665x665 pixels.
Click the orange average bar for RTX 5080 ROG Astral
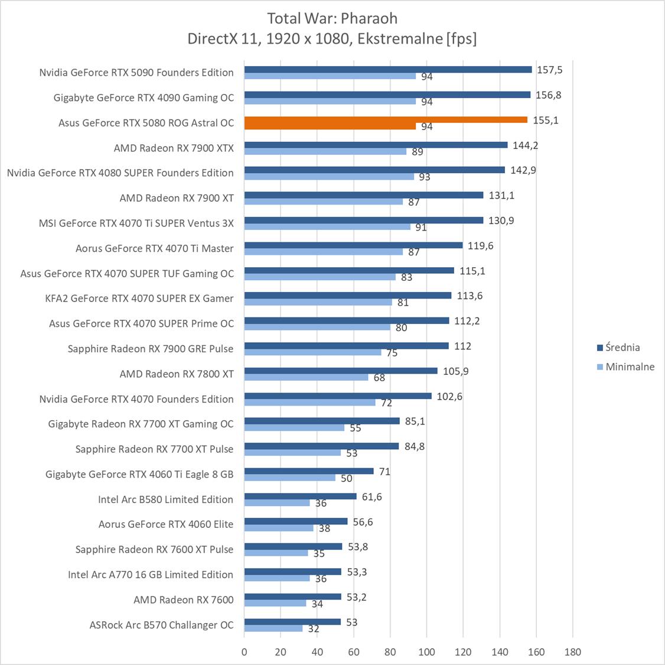pyautogui.click(x=386, y=119)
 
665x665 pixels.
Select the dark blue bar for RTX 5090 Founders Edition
pyautogui.click(x=388, y=69)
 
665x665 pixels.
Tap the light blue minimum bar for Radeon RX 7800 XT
pyautogui.click(x=307, y=377)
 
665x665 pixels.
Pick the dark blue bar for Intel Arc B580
pyautogui.click(x=301, y=496)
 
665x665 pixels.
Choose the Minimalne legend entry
pyautogui.click(x=625, y=366)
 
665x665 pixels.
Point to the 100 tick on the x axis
pyautogui.click(x=426, y=652)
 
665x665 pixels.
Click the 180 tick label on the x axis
pyautogui.click(x=572, y=652)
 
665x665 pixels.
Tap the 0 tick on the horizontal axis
pyautogui.click(x=245, y=652)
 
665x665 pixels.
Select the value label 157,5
pyautogui.click(x=549, y=70)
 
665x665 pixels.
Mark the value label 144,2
pyautogui.click(x=525, y=145)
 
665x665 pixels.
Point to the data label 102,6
pyautogui.click(x=449, y=397)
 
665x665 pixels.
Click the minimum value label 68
pyautogui.click(x=379, y=378)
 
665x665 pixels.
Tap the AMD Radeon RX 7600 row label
pyautogui.click(x=183, y=599)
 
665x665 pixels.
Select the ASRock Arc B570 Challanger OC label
pyautogui.click(x=161, y=625)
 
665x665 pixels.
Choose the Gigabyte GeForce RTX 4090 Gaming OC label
pyautogui.click(x=144, y=98)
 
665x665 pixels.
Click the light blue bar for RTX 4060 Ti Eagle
pyautogui.click(x=290, y=478)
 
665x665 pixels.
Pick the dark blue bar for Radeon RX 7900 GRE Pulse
pyautogui.click(x=347, y=346)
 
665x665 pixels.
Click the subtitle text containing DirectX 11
pyautogui.click(x=332, y=38)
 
